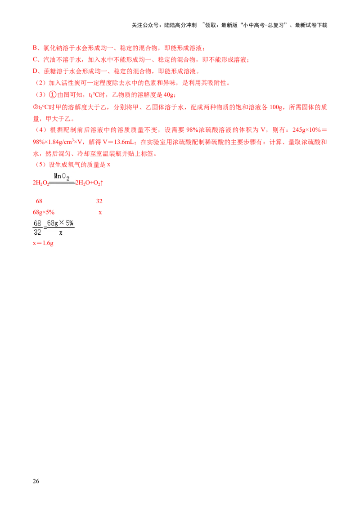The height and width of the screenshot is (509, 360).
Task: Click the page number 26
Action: click(36, 481)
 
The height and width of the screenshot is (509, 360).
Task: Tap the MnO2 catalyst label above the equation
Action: click(61, 177)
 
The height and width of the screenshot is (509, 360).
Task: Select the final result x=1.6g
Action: click(43, 243)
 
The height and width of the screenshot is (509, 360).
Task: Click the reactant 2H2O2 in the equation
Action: click(40, 183)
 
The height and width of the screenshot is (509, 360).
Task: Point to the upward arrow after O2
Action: click(102, 183)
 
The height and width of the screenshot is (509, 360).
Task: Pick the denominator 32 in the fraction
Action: click(37, 232)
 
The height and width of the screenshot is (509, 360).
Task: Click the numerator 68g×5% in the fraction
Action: click(60, 223)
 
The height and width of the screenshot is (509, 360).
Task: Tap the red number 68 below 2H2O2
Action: click(39, 201)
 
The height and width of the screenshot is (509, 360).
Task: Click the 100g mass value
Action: click(276, 107)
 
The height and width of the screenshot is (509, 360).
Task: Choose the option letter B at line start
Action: click(35, 48)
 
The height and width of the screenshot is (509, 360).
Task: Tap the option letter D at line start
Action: click(35, 71)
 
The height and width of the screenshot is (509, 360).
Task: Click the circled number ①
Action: click(52, 94)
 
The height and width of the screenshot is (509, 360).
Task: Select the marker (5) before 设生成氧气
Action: click(40, 165)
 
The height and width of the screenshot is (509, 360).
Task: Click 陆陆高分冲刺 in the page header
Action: click(180, 25)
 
